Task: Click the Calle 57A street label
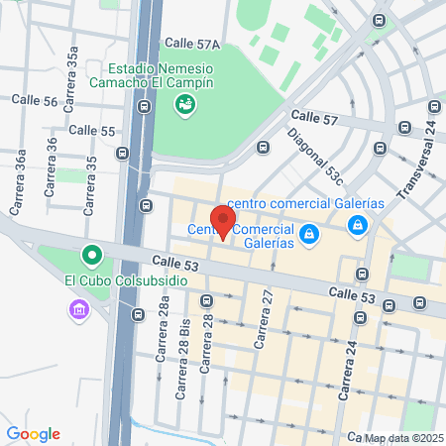(x=192, y=44)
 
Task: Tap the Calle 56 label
(x=35, y=100)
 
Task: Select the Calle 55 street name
(x=92, y=130)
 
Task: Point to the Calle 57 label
(x=316, y=119)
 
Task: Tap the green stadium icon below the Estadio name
(x=184, y=107)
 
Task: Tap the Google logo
(x=33, y=433)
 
